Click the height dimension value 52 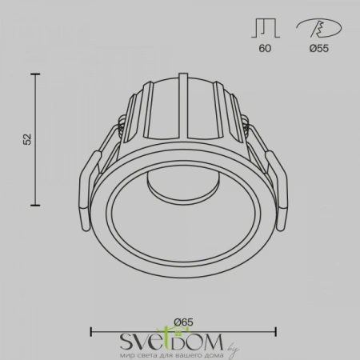[x=26, y=138]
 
